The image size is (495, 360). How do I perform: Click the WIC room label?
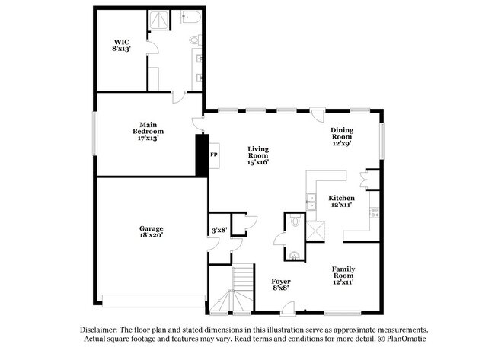[x=122, y=42]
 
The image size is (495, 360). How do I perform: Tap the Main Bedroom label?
[x=148, y=128]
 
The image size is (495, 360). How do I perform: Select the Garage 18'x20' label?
[x=152, y=231]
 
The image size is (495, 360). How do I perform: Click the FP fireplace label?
[x=214, y=155]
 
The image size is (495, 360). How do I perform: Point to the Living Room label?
[x=258, y=152]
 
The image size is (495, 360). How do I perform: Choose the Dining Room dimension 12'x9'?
[x=342, y=143]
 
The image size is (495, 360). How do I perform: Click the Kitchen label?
[x=342, y=198]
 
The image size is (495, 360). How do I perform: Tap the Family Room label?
[x=343, y=272]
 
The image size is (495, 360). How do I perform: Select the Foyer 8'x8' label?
[x=281, y=285]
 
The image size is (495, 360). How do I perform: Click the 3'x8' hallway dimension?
[x=219, y=231]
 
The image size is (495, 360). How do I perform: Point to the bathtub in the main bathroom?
[x=191, y=17]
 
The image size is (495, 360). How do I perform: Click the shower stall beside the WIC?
[x=159, y=20]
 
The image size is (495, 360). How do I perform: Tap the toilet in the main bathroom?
[x=196, y=40]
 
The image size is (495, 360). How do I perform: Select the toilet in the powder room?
[x=295, y=220]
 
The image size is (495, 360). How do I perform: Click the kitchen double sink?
[x=311, y=202]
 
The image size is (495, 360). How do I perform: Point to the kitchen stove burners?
[x=375, y=212]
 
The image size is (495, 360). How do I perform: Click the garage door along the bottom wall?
[x=154, y=301]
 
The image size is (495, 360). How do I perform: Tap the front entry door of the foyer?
[x=288, y=309]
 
